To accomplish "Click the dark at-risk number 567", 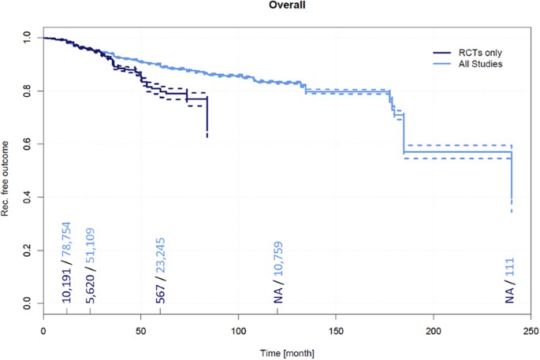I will tap(160, 292).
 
